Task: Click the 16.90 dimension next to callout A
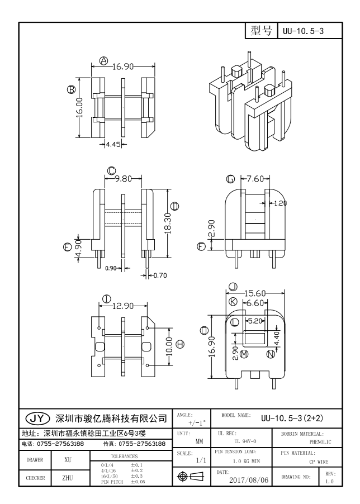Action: click(x=123, y=66)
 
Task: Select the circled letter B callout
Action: click(x=71, y=89)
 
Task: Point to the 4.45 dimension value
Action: click(x=113, y=145)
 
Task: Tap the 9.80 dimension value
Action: click(x=124, y=178)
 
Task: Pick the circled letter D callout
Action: click(x=175, y=206)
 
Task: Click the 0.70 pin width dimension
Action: click(x=160, y=275)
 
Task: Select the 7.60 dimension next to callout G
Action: click(x=255, y=178)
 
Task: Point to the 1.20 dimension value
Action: click(x=280, y=203)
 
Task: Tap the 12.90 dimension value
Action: click(x=123, y=306)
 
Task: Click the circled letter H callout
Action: click(x=181, y=344)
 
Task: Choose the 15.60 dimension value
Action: click(x=255, y=293)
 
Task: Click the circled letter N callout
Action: click(x=271, y=354)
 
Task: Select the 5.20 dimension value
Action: click(x=255, y=321)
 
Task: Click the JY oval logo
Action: click(x=38, y=418)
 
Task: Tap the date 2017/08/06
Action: click(x=248, y=480)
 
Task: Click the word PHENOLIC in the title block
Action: click(x=320, y=442)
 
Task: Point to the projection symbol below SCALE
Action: click(x=191, y=477)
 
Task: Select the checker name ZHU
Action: click(x=68, y=478)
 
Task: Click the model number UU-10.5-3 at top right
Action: click(x=303, y=31)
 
